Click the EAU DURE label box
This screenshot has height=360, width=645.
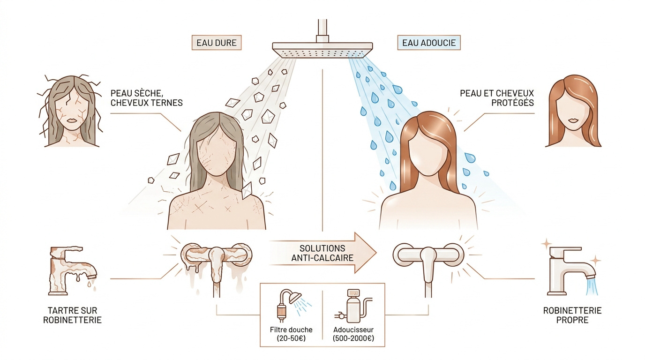point(217,43)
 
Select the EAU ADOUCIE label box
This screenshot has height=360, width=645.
point(429,43)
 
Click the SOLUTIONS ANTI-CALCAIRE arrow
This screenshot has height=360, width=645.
point(323,253)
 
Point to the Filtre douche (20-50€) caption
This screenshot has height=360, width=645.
point(291,334)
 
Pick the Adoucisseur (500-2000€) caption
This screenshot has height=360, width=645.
point(353,334)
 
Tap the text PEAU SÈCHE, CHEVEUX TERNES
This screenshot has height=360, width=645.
point(147,98)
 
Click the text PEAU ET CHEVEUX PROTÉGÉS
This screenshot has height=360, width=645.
point(497,98)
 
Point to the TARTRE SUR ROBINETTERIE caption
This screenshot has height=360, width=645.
point(72,315)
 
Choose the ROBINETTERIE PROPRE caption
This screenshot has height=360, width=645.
point(572,315)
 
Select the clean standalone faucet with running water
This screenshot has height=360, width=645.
point(571,271)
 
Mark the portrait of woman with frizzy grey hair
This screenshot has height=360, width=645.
point(70,111)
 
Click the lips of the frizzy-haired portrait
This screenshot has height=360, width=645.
point(72,120)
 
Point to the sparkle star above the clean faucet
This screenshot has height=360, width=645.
point(546,244)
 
